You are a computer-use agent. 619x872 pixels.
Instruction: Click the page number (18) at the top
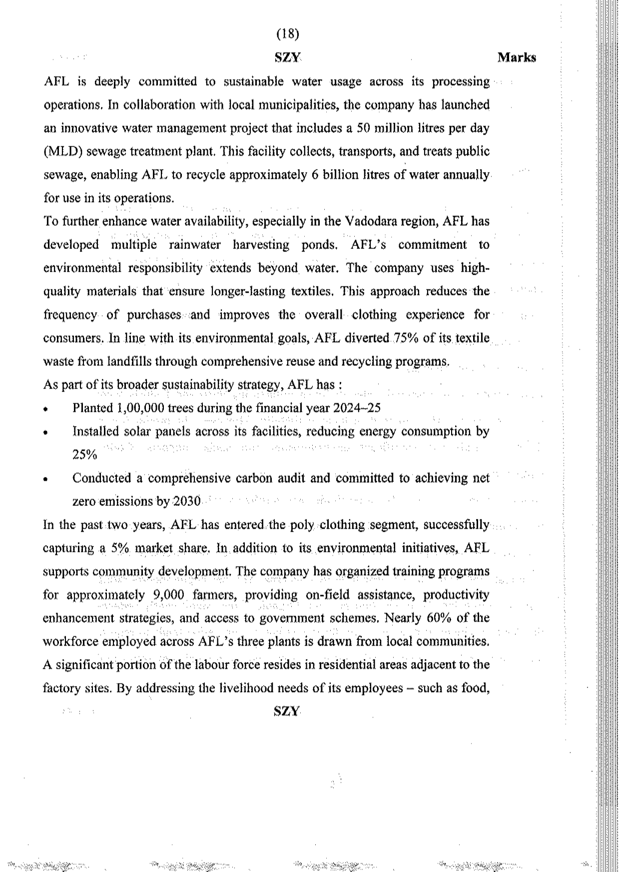[287, 34]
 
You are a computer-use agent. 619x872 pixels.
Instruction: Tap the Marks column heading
[517, 57]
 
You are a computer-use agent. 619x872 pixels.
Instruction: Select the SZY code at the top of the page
[287, 57]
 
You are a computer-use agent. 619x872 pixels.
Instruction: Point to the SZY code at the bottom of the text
[287, 711]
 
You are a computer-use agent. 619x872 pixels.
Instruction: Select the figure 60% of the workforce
[440, 618]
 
